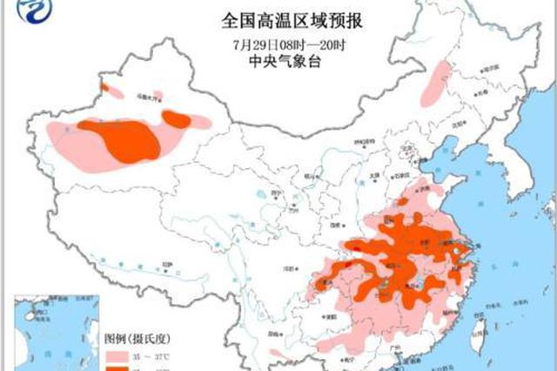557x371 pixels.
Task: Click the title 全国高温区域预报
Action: (278, 19)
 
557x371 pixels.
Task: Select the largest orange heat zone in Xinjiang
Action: (122, 139)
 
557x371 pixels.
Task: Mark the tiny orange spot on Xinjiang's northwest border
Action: (104, 87)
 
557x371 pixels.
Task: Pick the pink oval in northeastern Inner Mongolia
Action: (434, 84)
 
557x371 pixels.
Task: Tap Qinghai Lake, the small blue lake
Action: (262, 196)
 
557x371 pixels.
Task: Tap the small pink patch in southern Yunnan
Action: (276, 354)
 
